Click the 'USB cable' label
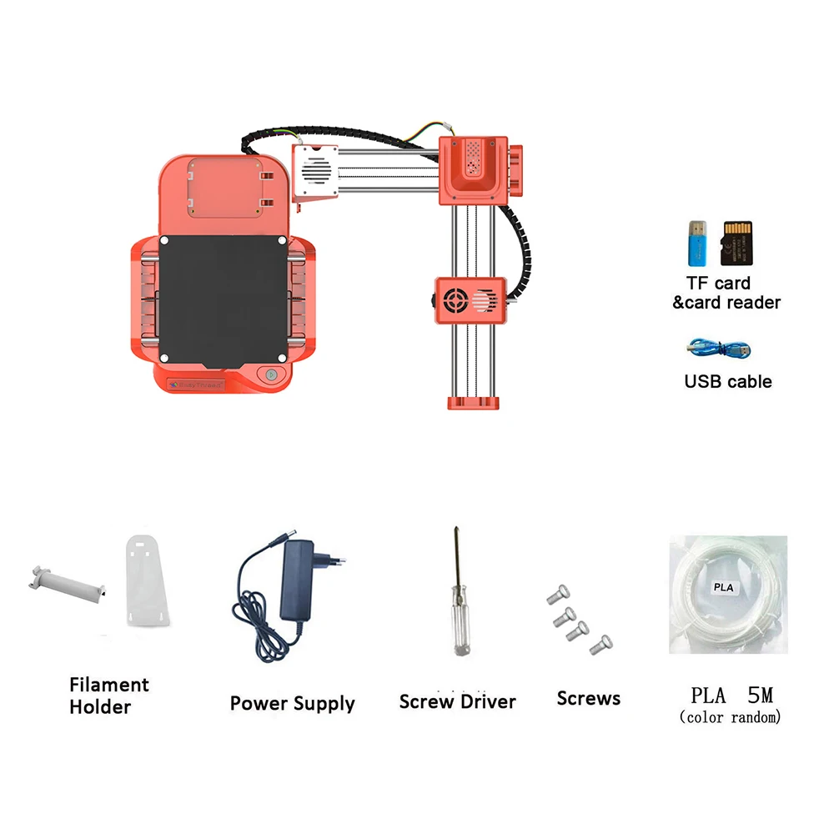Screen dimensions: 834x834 click(x=727, y=382)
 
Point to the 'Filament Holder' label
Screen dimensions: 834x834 click(x=108, y=696)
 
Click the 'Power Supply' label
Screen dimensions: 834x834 click(x=292, y=703)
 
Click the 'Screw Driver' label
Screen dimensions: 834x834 click(x=457, y=701)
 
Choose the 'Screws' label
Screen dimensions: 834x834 click(x=588, y=698)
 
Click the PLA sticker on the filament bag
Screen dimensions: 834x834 click(x=723, y=587)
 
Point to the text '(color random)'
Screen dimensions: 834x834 click(x=730, y=717)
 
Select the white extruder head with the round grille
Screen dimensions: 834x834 click(x=314, y=172)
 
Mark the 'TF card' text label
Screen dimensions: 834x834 click(x=717, y=283)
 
